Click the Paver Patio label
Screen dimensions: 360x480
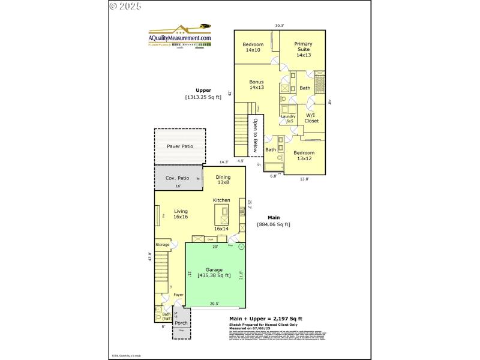click(180, 146)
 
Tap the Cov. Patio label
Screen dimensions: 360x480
click(178, 178)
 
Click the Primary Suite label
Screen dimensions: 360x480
click(304, 49)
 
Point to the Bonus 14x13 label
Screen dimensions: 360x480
click(257, 85)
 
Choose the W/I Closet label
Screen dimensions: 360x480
click(311, 118)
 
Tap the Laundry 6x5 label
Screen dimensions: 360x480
click(289, 119)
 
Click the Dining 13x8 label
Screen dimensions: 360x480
click(223, 179)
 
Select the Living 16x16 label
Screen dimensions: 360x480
click(181, 215)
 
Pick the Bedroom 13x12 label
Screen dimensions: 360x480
click(304, 155)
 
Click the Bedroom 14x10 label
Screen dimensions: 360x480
click(253, 47)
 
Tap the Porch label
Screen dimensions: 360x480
click(181, 323)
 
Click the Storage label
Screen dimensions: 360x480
click(163, 245)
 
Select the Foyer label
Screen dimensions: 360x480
click(178, 295)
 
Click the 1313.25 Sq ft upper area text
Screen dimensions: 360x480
click(203, 97)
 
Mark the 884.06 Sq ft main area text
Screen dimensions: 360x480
click(274, 224)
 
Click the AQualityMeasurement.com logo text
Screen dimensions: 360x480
click(180, 38)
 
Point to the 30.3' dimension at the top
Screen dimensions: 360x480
click(280, 26)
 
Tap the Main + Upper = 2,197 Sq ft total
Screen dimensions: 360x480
click(266, 319)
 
